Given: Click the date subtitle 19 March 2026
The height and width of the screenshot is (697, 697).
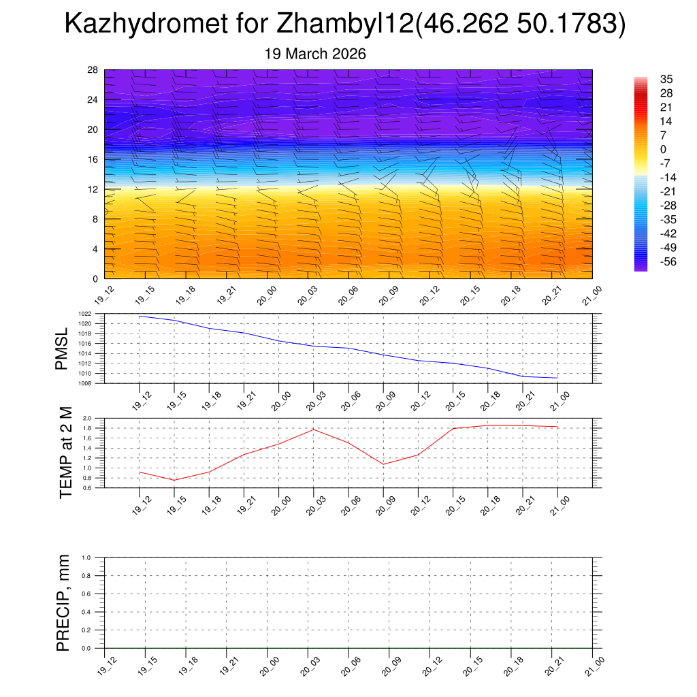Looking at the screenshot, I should tap(315, 54).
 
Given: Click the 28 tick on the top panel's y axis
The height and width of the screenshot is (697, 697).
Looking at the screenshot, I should tap(93, 70).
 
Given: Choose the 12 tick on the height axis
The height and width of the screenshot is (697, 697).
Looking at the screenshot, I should tap(93, 189).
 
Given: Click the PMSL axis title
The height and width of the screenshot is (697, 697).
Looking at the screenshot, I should tap(62, 348).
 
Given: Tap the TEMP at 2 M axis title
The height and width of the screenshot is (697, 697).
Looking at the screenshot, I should tap(65, 452).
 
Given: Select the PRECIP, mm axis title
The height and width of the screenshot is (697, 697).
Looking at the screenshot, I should tap(63, 602).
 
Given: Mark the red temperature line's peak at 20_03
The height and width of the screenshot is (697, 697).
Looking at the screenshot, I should tap(313, 429).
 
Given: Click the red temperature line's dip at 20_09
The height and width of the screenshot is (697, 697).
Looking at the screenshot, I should tap(383, 464).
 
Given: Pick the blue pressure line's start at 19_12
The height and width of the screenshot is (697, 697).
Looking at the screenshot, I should tap(139, 316).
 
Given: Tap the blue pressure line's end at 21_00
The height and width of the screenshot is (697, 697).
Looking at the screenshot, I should tap(557, 378).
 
